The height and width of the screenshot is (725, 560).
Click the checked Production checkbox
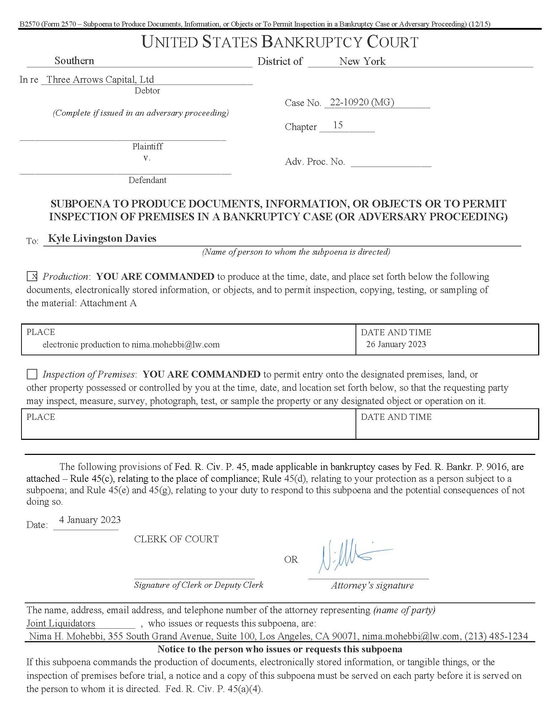[x=32, y=277]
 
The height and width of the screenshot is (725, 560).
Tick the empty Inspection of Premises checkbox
[x=32, y=374]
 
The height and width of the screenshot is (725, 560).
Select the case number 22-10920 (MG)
[x=362, y=102]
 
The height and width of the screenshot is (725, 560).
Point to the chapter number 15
[x=338, y=125]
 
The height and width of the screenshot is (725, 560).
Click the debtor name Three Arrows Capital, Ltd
[x=100, y=80]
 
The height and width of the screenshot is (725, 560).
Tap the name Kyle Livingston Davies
[x=102, y=238]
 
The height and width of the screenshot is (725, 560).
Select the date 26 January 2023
[x=396, y=344]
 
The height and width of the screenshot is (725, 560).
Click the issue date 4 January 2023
[x=90, y=520]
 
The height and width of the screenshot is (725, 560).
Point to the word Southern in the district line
[x=74, y=61]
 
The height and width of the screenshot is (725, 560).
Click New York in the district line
[x=362, y=61]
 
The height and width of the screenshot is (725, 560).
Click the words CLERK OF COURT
[x=176, y=539]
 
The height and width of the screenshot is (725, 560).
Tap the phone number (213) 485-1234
[x=496, y=636]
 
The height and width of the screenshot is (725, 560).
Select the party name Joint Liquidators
[x=61, y=623]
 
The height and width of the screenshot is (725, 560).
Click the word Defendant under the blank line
[x=148, y=180]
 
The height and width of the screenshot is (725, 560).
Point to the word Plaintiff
[x=148, y=147]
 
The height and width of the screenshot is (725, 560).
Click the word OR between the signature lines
[x=291, y=560]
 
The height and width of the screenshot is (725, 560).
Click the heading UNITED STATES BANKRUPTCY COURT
[x=280, y=42]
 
